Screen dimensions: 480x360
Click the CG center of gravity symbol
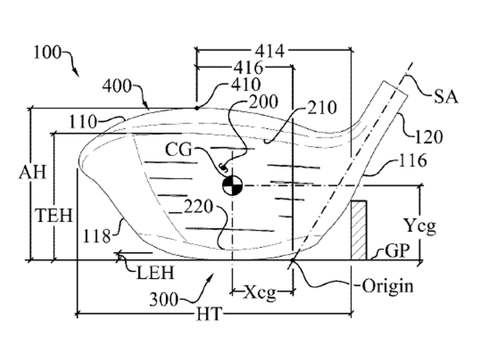click(x=232, y=185)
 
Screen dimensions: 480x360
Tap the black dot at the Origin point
click(x=293, y=260)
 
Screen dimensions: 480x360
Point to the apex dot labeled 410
click(x=197, y=108)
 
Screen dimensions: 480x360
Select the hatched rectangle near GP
click(x=359, y=230)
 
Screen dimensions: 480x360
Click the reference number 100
click(x=47, y=53)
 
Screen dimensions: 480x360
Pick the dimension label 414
click(x=270, y=51)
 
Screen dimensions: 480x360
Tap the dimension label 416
click(x=248, y=67)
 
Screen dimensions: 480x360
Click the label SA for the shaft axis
click(x=446, y=97)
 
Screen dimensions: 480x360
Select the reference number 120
click(x=428, y=137)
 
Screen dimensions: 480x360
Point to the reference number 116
click(x=413, y=160)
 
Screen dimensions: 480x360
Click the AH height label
click(x=32, y=173)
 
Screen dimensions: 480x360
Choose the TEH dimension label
click(x=54, y=215)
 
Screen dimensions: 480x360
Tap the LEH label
click(x=155, y=272)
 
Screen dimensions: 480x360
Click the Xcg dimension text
click(x=259, y=293)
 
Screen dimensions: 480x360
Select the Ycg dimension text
click(x=420, y=226)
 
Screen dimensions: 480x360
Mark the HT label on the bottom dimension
click(x=209, y=313)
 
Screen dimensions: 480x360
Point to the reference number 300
click(x=164, y=299)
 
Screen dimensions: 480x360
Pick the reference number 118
click(x=97, y=236)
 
